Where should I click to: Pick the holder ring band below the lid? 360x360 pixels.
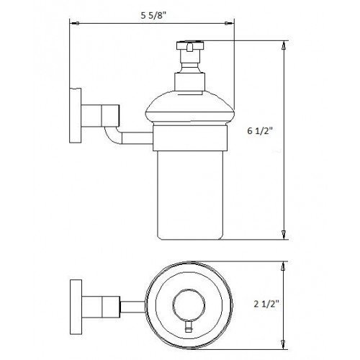(x=189, y=139)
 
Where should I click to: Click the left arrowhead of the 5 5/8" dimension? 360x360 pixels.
(x=73, y=23)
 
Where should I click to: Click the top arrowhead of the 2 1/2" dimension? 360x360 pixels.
(x=285, y=264)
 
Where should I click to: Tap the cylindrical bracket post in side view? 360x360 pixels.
(x=101, y=114)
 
